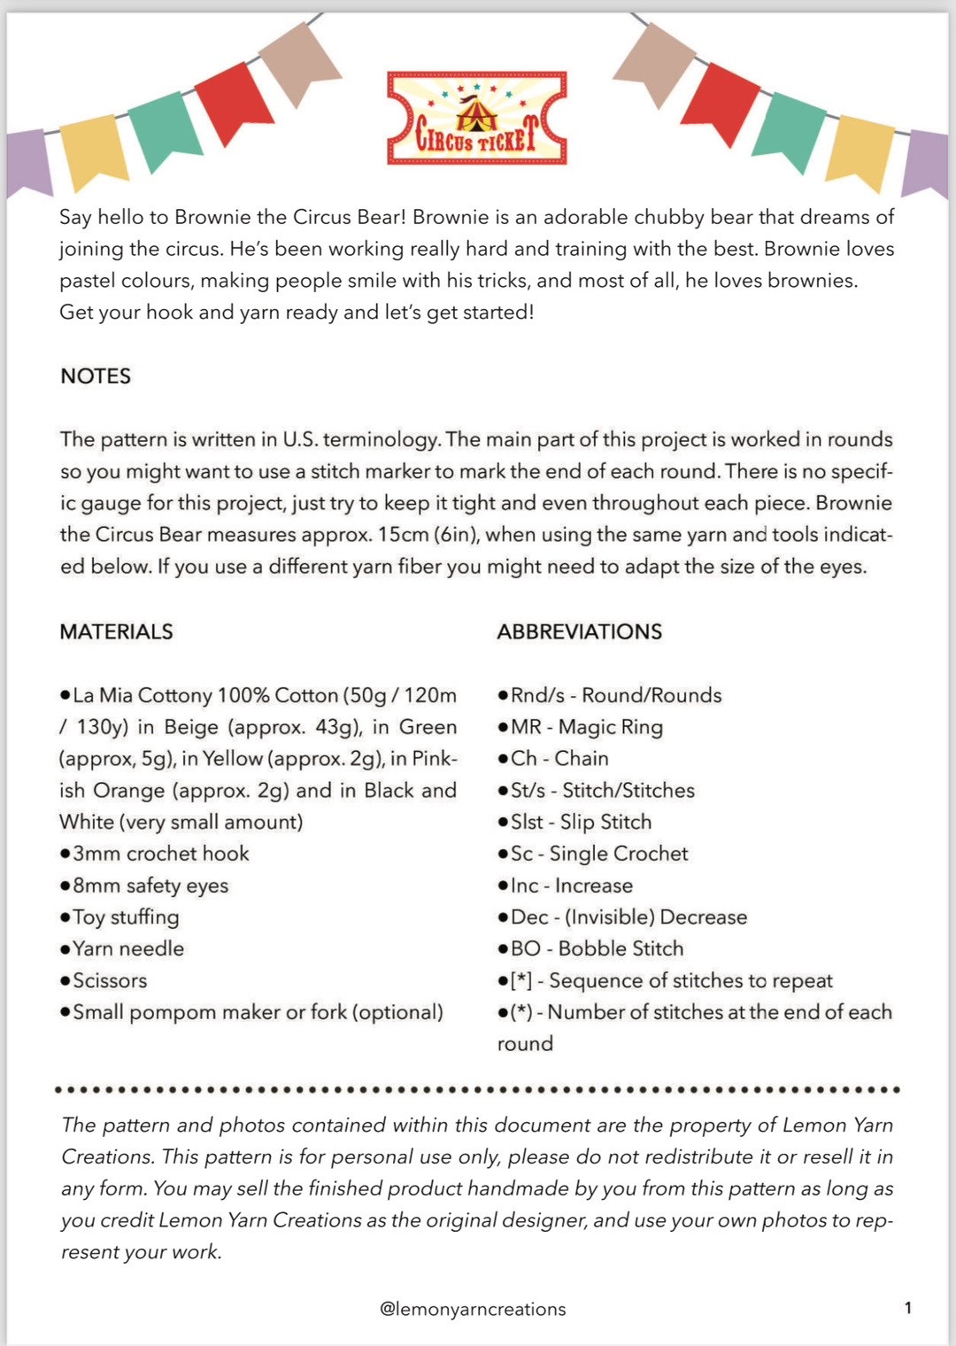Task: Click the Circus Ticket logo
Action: (x=476, y=119)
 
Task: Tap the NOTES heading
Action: (x=96, y=376)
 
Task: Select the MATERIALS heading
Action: (x=116, y=631)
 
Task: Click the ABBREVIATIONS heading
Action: (x=579, y=631)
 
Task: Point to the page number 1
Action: (x=907, y=1308)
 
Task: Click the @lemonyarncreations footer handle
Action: (x=473, y=1309)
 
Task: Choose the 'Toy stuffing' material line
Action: (x=125, y=917)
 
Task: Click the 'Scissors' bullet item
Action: (x=109, y=980)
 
